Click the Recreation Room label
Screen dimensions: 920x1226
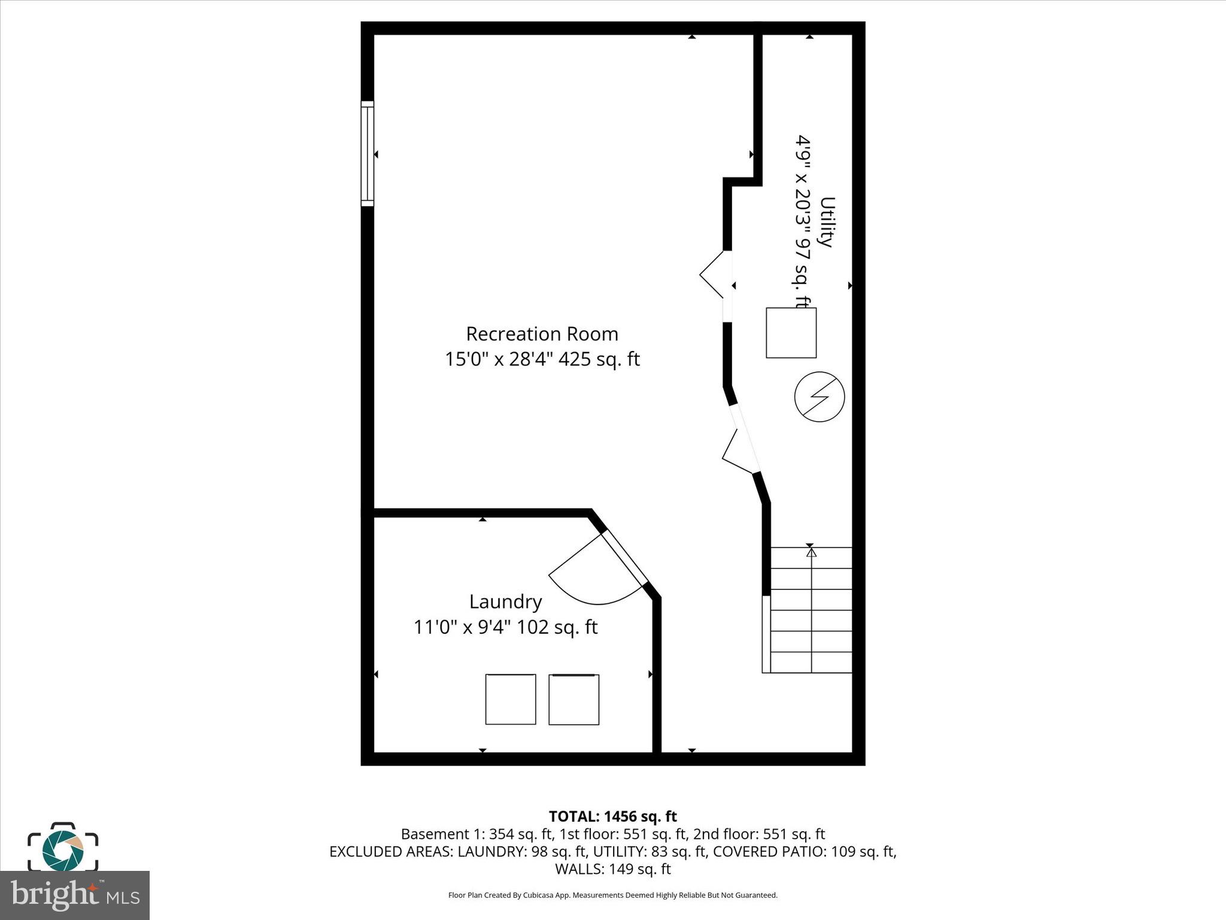click(x=542, y=334)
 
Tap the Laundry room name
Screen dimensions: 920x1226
click(x=505, y=601)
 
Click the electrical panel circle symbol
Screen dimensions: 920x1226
click(x=819, y=397)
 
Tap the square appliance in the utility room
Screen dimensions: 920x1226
click(x=791, y=333)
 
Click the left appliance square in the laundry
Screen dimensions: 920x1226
click(x=510, y=699)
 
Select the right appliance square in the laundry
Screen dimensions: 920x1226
click(x=573, y=699)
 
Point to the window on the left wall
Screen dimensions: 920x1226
click(x=367, y=154)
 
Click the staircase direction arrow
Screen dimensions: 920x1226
click(x=811, y=599)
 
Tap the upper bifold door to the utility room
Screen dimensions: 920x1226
click(x=715, y=274)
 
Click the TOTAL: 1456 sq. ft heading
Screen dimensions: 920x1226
click(x=612, y=816)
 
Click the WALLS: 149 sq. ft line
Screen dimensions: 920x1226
click(x=612, y=868)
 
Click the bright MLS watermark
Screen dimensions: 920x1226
click(x=75, y=895)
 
